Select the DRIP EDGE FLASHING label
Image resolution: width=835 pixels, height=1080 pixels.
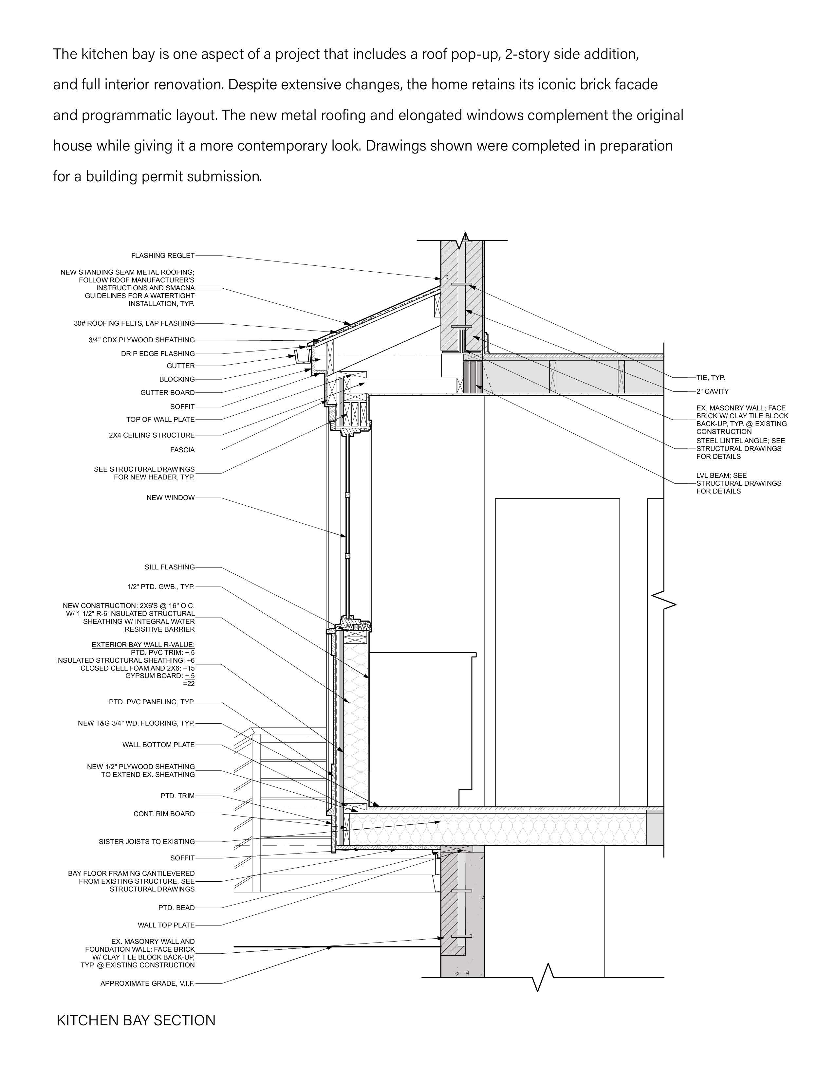coord(158,353)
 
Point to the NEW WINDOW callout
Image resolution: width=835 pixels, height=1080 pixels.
coord(170,497)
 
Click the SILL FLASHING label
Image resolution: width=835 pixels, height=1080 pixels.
coord(170,567)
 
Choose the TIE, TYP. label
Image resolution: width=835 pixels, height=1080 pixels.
coord(710,378)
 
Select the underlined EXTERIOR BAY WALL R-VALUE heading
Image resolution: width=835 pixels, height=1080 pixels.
coord(143,645)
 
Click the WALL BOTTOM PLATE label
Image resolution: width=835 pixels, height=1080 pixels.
coord(158,745)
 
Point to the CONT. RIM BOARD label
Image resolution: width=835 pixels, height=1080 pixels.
coord(164,814)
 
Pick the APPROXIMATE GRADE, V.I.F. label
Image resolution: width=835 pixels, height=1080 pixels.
coord(147,983)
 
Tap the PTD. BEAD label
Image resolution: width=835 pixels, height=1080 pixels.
coord(176,908)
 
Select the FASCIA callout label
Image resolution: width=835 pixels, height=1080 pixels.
coord(182,450)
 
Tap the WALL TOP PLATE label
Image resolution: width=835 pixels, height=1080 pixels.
coord(166,925)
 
